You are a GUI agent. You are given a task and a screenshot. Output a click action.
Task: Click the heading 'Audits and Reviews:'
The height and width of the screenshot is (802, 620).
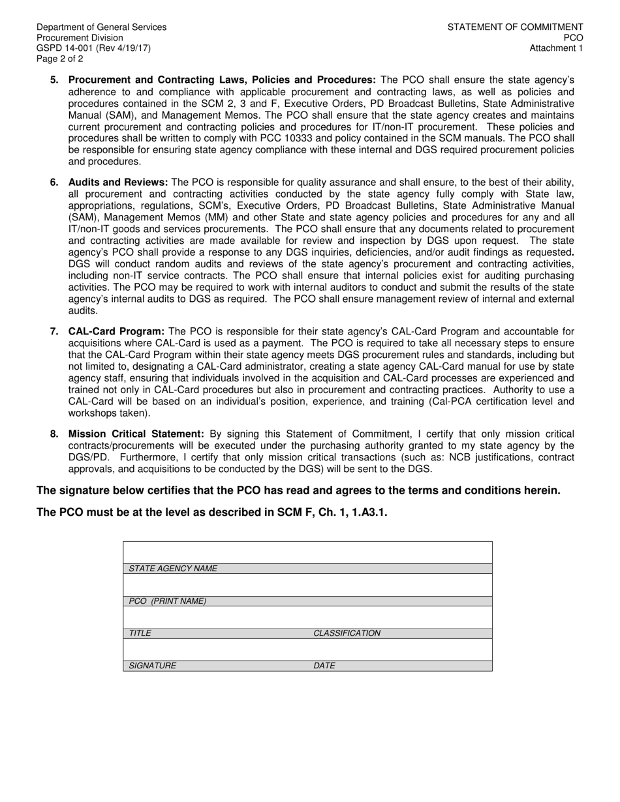pos(118,182)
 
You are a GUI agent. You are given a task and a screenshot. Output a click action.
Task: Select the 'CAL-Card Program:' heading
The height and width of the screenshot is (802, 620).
pos(116,331)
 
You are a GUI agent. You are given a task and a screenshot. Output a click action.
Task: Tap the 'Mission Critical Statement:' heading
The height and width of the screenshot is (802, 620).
pos(136,434)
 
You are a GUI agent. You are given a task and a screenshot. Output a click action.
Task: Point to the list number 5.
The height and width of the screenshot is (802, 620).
pos(54,80)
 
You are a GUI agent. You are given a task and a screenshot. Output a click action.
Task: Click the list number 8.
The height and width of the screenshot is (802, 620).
pos(54,434)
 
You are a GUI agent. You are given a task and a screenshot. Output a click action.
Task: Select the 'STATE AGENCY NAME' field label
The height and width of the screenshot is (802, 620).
pos(173,569)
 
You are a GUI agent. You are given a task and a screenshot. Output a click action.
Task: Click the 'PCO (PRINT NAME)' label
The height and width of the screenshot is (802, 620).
pos(168,601)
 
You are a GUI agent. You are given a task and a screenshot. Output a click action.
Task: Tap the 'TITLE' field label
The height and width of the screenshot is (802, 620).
pos(140,633)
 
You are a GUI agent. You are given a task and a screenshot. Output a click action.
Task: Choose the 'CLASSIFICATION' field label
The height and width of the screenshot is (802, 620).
pos(347,633)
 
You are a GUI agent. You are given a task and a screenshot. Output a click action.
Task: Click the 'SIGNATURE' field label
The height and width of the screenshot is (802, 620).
pos(152,666)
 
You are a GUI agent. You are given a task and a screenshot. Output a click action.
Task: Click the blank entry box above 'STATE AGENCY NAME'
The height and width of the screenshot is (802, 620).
pos(307,552)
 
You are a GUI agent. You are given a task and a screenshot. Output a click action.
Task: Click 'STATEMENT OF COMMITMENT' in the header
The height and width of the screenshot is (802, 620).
pos(515,27)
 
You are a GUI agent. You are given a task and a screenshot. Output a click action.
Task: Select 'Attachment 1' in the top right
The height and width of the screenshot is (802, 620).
pos(556,48)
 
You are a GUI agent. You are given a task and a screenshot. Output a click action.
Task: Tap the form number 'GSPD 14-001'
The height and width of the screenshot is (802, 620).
pos(64,48)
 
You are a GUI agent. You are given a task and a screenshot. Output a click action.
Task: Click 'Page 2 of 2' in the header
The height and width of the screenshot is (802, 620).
pos(60,59)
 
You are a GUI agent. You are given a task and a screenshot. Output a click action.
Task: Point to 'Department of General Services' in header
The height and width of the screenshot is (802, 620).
pos(101,27)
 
